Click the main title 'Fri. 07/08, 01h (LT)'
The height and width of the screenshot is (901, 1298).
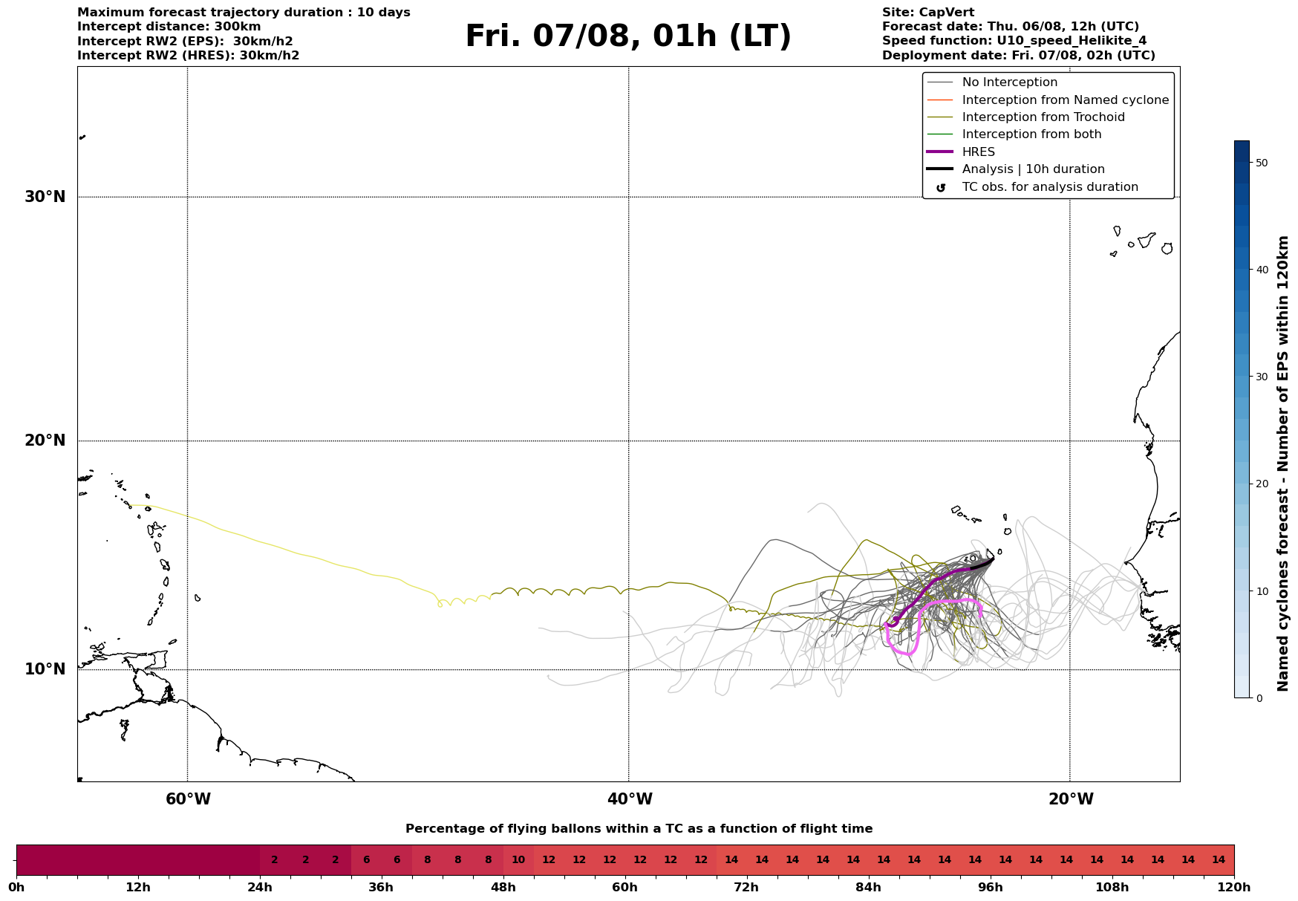(x=628, y=36)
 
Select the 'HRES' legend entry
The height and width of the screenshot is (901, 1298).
(x=978, y=152)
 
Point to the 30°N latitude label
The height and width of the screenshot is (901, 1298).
(x=45, y=197)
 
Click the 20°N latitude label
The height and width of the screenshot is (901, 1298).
(x=45, y=440)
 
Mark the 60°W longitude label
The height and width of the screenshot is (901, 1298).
(x=188, y=799)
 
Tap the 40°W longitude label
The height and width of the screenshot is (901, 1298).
(x=630, y=799)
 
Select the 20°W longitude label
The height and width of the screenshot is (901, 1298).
(x=1071, y=799)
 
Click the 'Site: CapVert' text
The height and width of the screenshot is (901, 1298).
(x=928, y=13)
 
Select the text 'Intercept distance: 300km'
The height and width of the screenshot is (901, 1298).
(x=169, y=27)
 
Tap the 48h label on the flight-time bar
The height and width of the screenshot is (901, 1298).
(x=503, y=888)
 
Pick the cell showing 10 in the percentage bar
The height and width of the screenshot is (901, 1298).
(x=518, y=860)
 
